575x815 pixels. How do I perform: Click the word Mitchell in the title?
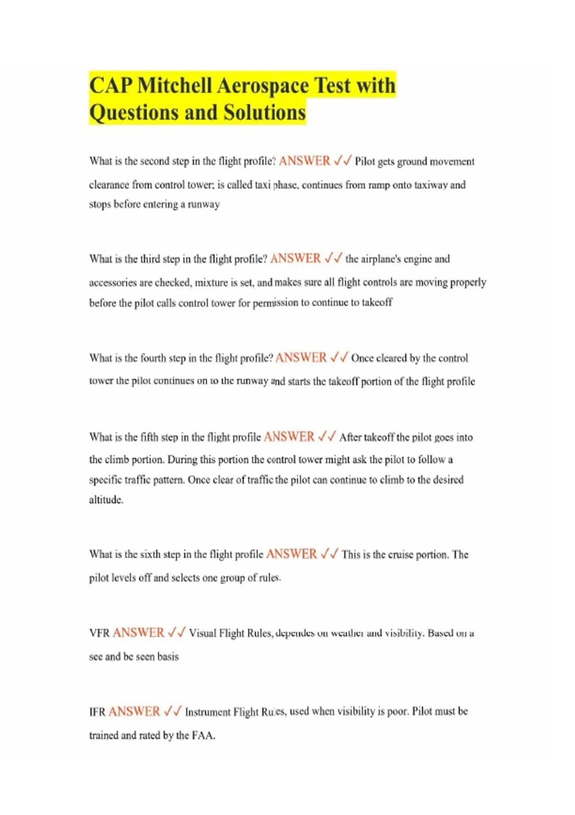coord(174,86)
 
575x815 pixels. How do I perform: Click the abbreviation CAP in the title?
coord(111,86)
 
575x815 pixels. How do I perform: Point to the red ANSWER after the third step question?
coord(295,259)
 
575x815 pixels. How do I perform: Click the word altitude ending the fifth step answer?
coord(106,500)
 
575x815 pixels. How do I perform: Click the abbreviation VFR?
coord(99,633)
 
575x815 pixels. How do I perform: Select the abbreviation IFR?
coord(97,712)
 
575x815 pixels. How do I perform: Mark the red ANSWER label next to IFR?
coord(134,711)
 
